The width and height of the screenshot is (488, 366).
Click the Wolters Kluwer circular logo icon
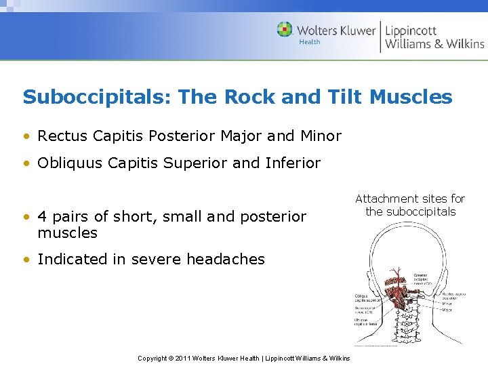(285, 30)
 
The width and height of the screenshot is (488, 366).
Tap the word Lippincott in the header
(411, 30)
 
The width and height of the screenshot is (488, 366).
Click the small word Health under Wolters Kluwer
(310, 42)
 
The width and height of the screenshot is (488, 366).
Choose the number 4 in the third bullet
(42, 217)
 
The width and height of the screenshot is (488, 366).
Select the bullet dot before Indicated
(26, 259)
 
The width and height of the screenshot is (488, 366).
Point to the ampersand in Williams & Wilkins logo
(438, 44)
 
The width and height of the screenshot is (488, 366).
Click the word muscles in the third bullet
(68, 233)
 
